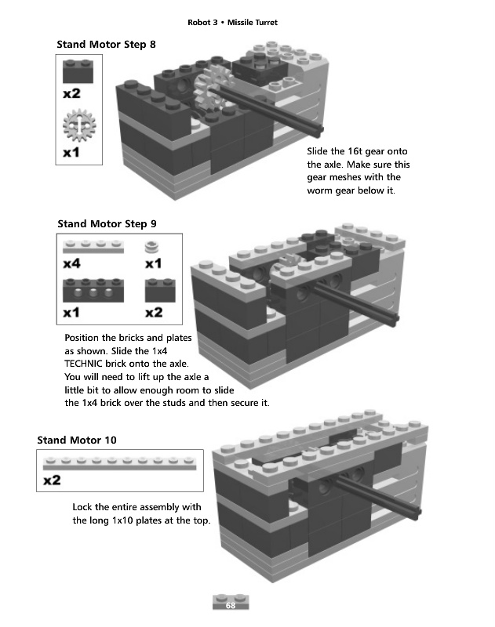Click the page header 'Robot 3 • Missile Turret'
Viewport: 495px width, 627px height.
click(x=232, y=22)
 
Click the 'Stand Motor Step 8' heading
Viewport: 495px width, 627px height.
click(x=106, y=45)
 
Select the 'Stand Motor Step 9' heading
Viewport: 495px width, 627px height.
click(x=106, y=224)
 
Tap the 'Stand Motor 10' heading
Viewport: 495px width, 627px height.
click(x=77, y=440)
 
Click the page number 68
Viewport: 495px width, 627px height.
click(x=231, y=606)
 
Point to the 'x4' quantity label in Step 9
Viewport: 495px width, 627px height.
click(x=71, y=264)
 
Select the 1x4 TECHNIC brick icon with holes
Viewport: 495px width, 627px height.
click(x=94, y=292)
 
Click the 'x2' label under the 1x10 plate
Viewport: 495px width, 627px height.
click(x=52, y=480)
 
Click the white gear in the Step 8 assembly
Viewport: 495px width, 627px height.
click(x=208, y=88)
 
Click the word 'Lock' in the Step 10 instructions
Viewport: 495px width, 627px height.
click(x=84, y=507)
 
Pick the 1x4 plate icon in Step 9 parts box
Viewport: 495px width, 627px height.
click(x=94, y=247)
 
